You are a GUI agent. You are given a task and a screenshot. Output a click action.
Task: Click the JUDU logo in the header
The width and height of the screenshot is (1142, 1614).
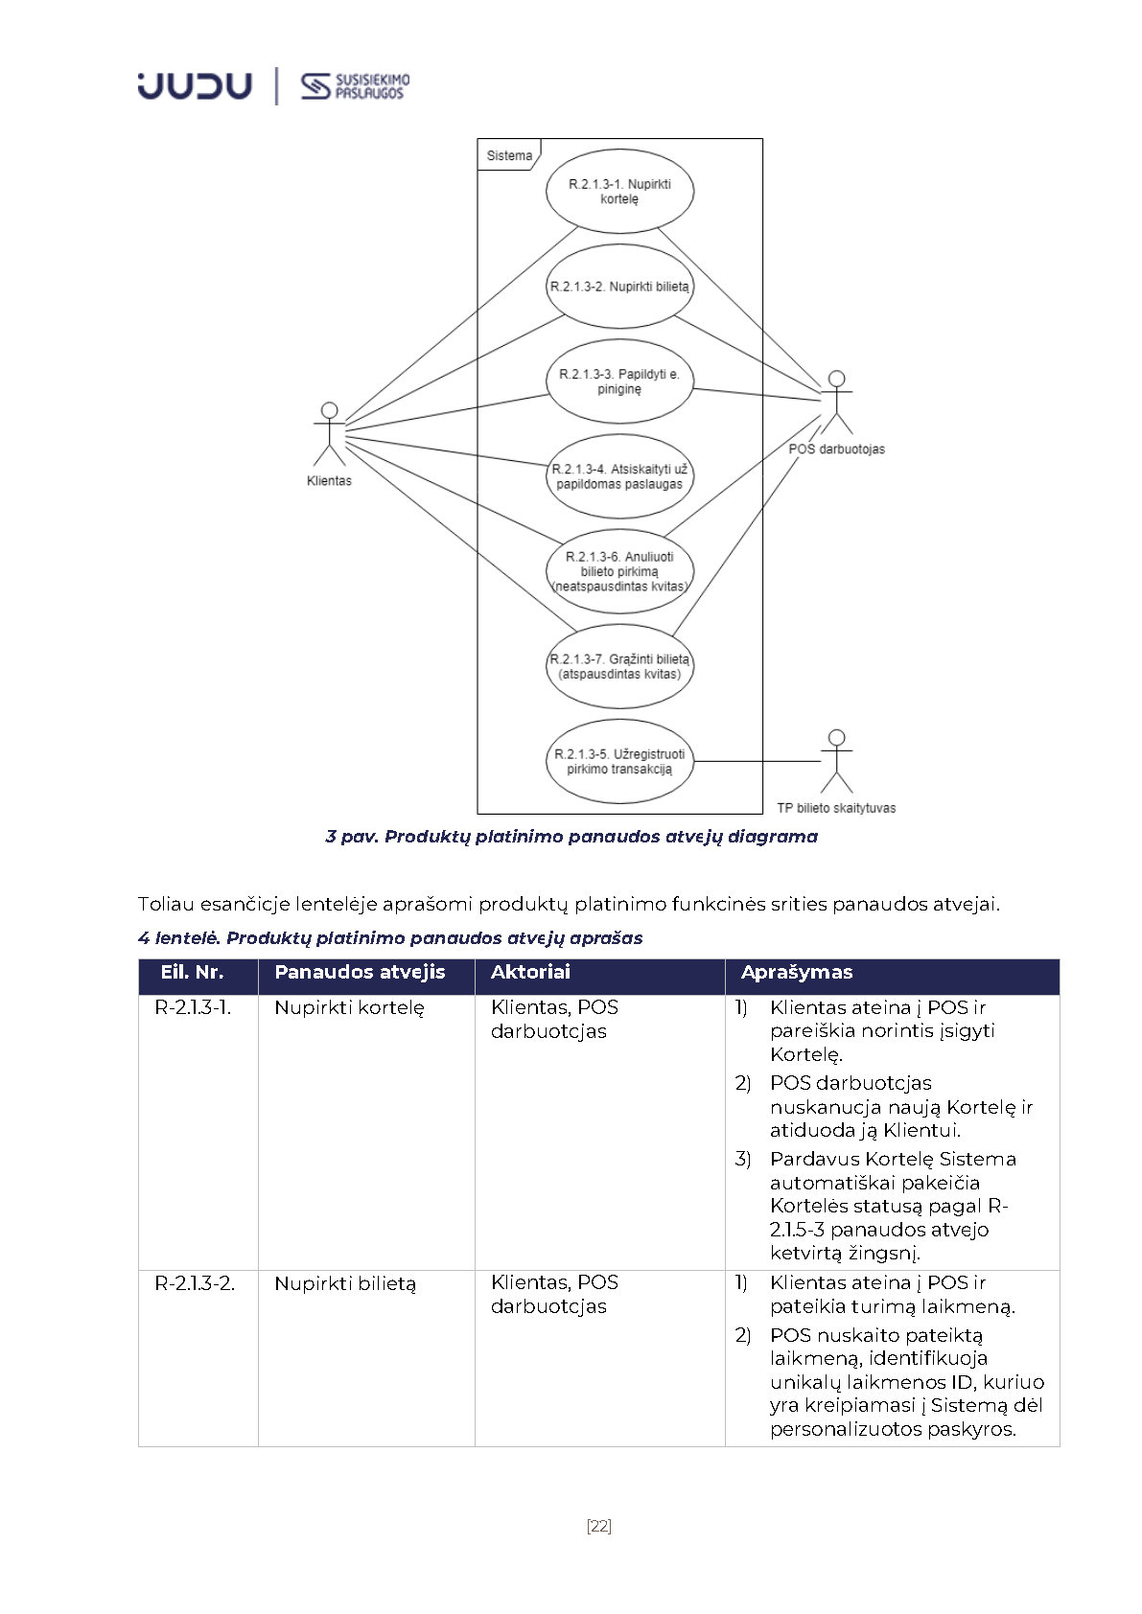click(x=195, y=85)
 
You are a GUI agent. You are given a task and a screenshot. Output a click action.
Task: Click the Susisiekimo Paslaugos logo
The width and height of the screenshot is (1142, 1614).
click(x=355, y=86)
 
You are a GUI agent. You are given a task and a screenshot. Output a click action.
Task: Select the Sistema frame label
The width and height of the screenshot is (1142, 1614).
click(x=508, y=155)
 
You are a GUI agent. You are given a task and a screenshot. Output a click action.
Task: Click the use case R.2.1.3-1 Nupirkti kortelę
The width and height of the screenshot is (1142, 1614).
click(x=619, y=191)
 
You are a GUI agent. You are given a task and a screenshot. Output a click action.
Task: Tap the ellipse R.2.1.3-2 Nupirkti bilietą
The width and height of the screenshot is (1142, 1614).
click(x=619, y=286)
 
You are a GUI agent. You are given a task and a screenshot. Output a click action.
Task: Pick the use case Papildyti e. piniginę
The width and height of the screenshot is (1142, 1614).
click(x=619, y=381)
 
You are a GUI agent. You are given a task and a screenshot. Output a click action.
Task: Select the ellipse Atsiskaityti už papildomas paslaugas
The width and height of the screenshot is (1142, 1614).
click(x=619, y=476)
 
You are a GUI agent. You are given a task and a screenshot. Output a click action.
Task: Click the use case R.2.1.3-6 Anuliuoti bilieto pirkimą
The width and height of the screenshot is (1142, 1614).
click(x=619, y=571)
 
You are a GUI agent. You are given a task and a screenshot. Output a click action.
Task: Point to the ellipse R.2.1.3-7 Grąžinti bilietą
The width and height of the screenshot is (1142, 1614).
click(x=619, y=666)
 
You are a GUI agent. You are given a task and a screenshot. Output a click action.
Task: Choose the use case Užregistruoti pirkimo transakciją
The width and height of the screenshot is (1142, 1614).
click(x=619, y=761)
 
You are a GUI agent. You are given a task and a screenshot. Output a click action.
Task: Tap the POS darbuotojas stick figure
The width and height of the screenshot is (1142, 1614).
click(x=837, y=402)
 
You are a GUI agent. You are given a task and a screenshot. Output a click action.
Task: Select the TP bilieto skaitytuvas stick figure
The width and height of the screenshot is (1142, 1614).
click(x=837, y=761)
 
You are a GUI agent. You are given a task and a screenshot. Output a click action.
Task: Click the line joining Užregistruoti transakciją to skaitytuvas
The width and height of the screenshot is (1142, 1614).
click(x=757, y=761)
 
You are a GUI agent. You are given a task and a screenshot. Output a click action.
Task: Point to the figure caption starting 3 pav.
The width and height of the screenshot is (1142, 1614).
click(x=571, y=837)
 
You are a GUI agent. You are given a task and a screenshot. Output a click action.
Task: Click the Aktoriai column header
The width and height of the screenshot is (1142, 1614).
click(x=530, y=972)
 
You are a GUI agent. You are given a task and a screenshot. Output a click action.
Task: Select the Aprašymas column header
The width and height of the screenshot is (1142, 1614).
click(x=796, y=972)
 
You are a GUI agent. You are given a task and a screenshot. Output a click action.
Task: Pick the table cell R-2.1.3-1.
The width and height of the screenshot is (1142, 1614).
click(x=193, y=1007)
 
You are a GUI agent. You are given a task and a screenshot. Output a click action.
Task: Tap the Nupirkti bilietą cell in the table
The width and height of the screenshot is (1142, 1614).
click(x=345, y=1283)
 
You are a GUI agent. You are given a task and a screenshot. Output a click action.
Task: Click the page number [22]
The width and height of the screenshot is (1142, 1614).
click(x=598, y=1526)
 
